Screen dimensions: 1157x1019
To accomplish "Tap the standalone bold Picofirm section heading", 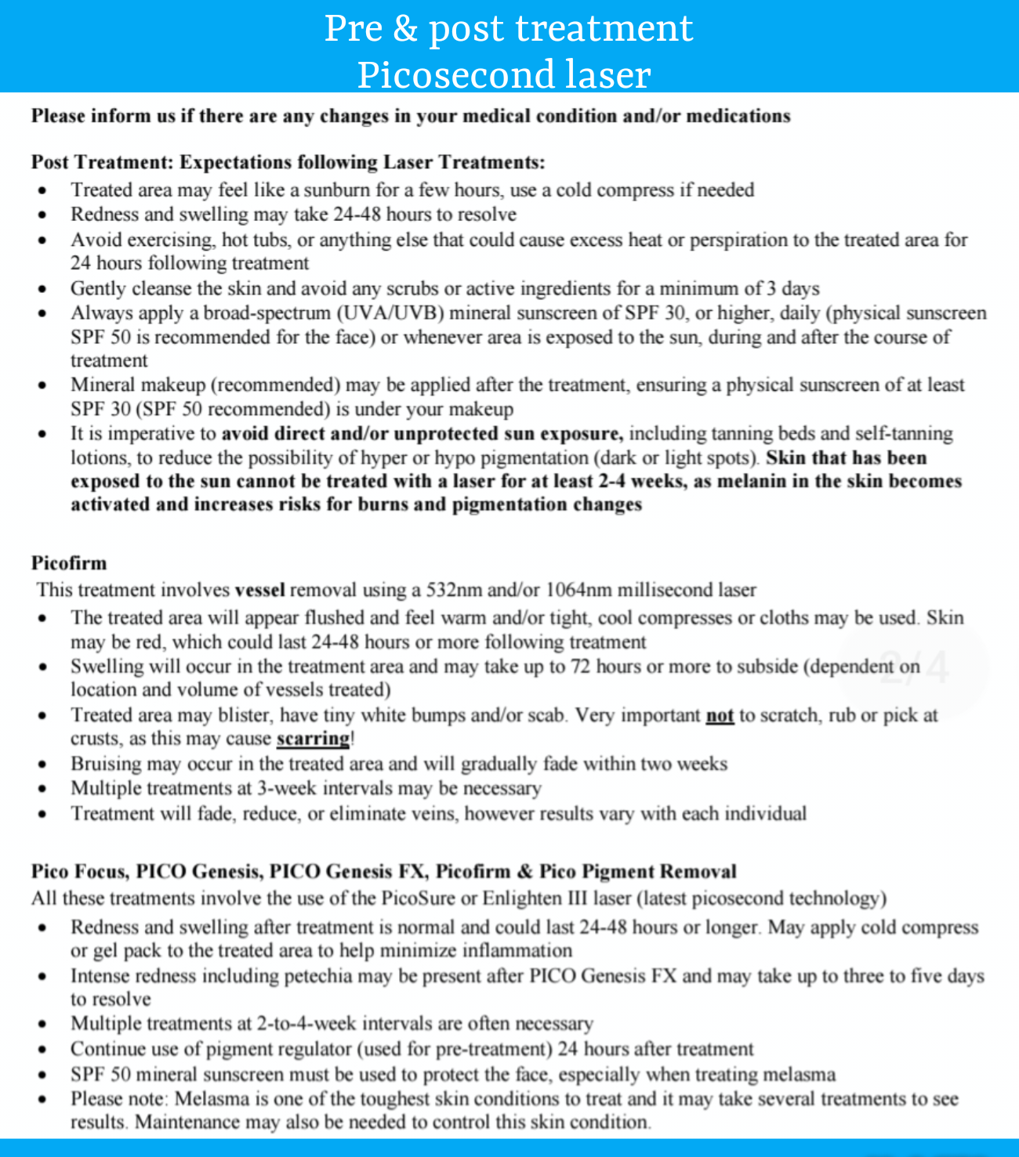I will coord(69,563).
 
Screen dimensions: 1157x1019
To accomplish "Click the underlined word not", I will coord(720,715).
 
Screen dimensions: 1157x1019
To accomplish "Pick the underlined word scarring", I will coord(314,739).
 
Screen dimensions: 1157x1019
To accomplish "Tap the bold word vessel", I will coord(259,590).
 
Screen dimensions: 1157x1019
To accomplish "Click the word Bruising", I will coord(105,764).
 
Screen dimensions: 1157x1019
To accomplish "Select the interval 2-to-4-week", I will coord(306,1024).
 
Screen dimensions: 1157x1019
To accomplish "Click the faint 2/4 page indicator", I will coord(914,667).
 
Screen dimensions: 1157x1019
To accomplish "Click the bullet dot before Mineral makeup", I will coord(42,385).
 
